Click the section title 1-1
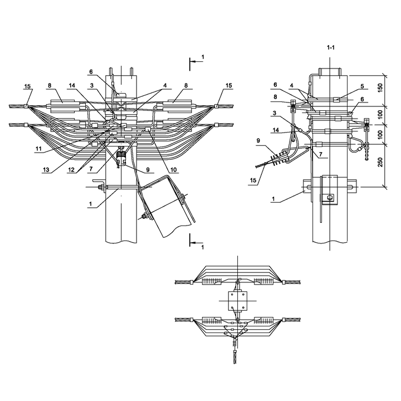click(x=330, y=47)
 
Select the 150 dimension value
click(x=380, y=88)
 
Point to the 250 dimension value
click(x=380, y=163)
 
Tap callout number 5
click(x=362, y=86)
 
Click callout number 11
click(x=38, y=149)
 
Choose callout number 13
click(x=46, y=169)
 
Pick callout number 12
click(x=71, y=169)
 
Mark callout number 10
click(x=173, y=169)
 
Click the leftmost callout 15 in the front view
click(x=27, y=86)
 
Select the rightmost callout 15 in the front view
click(x=229, y=85)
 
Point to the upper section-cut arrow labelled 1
click(x=197, y=62)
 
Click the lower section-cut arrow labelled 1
click(x=197, y=242)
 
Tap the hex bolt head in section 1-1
click(x=330, y=197)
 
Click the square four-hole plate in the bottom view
click(x=238, y=301)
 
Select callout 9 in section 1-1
click(x=258, y=141)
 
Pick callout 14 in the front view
click(x=72, y=85)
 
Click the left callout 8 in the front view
click(x=50, y=85)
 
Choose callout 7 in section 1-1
click(x=320, y=154)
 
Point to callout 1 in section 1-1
click(x=273, y=199)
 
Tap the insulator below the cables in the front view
click(x=121, y=157)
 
